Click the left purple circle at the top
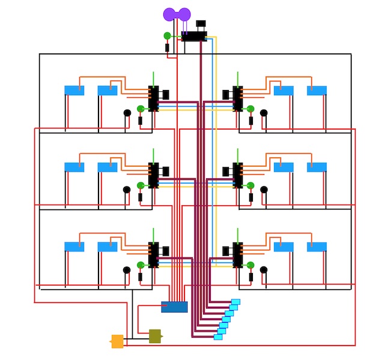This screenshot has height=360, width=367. [169, 14]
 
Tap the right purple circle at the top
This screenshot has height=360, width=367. [184, 14]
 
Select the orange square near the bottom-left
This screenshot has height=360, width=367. [117, 341]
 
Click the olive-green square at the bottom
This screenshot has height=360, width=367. [155, 336]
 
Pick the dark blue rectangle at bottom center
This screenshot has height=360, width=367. [174, 307]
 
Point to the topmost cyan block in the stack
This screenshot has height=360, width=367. [235, 302]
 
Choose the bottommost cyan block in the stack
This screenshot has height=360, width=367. [218, 337]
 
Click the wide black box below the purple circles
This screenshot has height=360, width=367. [194, 36]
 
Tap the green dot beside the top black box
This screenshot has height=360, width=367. [167, 36]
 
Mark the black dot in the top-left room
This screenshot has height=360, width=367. [127, 112]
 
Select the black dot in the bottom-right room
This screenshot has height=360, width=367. [264, 270]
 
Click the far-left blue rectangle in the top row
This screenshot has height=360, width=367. [74, 91]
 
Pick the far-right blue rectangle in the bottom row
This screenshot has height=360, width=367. [317, 247]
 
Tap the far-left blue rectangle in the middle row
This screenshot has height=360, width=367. [74, 167]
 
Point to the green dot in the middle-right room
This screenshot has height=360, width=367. [250, 185]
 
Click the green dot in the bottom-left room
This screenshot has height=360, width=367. [141, 265]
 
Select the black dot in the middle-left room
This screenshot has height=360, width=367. [127, 190]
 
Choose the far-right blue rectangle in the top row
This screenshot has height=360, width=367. [317, 91]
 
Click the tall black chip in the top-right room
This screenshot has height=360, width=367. [238, 98]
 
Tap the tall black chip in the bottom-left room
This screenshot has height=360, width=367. [154, 254]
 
